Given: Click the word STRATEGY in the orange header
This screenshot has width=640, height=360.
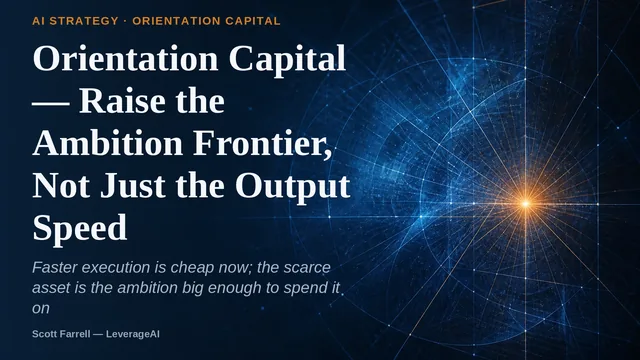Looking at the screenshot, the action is pyautogui.click(x=84, y=21).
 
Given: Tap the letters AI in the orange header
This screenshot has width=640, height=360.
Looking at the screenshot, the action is pyautogui.click(x=38, y=21).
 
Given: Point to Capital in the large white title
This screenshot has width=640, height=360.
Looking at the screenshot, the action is pyautogui.click(x=287, y=58).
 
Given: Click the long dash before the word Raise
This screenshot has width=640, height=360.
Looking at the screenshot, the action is pyautogui.click(x=51, y=104).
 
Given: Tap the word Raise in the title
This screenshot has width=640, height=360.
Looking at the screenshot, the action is pyautogui.click(x=122, y=101).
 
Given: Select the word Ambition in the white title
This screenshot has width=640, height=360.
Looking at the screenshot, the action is pyautogui.click(x=108, y=143).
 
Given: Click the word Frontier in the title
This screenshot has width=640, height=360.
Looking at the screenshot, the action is pyautogui.click(x=262, y=144).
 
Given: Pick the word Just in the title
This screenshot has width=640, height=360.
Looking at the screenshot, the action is pyautogui.click(x=133, y=186).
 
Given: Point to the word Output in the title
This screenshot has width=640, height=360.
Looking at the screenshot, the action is pyautogui.click(x=293, y=186).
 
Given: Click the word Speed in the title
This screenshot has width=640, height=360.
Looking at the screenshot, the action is pyautogui.click(x=80, y=228).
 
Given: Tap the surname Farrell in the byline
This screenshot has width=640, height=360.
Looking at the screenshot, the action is pyautogui.click(x=76, y=334).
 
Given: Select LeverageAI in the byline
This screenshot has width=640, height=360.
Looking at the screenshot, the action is pyautogui.click(x=133, y=334).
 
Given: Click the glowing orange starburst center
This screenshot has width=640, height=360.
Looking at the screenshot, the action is pyautogui.click(x=526, y=203).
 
